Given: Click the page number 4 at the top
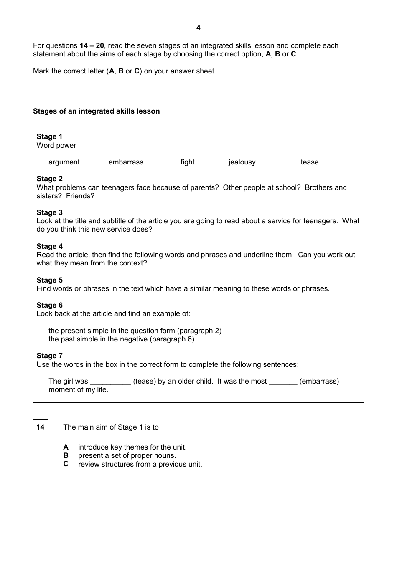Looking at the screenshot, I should (x=198, y=28).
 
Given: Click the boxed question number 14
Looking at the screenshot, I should (x=41, y=427).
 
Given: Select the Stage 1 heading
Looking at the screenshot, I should (x=49, y=136).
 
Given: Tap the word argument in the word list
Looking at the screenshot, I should (x=64, y=162).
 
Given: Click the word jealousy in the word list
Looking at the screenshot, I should (x=242, y=162).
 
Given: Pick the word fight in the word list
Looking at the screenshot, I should (x=187, y=162).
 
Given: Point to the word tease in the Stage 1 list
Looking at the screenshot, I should (x=309, y=162).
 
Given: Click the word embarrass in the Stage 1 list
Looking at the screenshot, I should (x=126, y=162).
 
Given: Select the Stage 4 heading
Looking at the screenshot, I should (x=49, y=246).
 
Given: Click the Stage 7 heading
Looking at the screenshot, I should (x=49, y=356).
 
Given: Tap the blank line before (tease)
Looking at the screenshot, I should (x=110, y=382).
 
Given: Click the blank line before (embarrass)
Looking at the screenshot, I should (x=283, y=382).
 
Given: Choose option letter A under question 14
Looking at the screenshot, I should (x=66, y=447).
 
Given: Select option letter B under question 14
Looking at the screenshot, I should (x=66, y=455).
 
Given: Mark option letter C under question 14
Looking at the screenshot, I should (x=66, y=464).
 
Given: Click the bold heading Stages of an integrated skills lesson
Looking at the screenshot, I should (x=96, y=111).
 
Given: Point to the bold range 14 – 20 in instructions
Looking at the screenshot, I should (x=92, y=45).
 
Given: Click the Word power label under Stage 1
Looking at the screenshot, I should (x=56, y=145).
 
